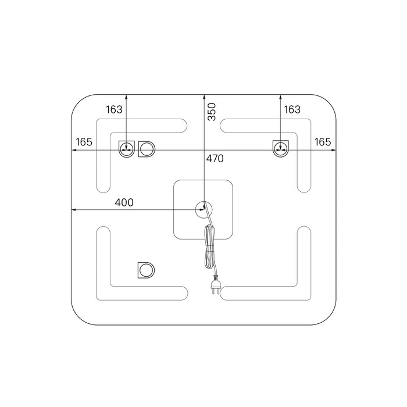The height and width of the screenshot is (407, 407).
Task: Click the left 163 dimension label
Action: [114, 109]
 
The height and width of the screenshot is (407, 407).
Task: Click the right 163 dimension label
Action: [292, 109]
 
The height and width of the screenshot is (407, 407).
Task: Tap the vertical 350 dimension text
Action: [212, 112]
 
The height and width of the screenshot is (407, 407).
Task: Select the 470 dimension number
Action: [215, 158]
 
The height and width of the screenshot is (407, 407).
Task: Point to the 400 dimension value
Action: [124, 202]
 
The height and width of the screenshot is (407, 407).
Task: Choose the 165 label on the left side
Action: [84, 142]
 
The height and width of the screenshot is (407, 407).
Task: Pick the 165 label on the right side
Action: [323, 142]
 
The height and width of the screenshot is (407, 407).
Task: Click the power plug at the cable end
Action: [216, 284]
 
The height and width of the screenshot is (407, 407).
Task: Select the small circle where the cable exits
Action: [203, 209]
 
